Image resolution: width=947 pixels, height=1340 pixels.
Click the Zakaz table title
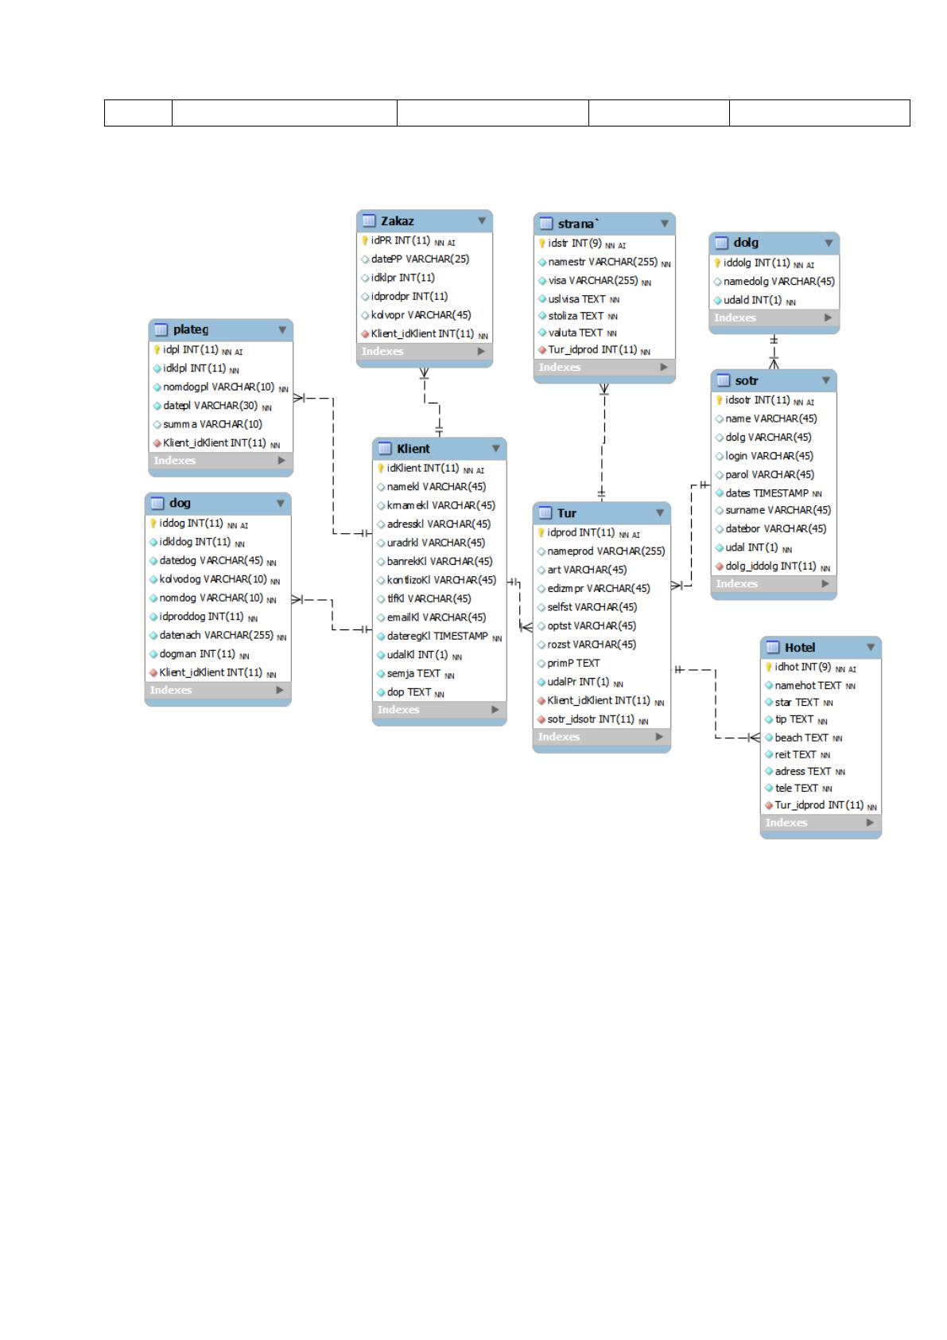coord(397,221)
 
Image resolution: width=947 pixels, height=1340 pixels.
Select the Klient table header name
coord(413,449)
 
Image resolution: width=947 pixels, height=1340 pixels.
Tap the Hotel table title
coord(800,647)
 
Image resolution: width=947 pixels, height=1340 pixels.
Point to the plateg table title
coord(191,329)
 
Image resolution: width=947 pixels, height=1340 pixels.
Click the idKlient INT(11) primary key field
coord(423,468)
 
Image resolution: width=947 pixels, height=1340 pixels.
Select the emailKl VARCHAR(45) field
coord(437,617)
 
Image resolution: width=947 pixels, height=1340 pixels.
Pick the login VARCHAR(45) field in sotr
coord(770,456)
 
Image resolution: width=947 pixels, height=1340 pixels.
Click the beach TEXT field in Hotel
coord(801,738)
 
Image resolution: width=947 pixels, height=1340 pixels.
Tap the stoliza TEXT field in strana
coord(576,316)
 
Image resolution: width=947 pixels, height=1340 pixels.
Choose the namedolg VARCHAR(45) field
coord(779,281)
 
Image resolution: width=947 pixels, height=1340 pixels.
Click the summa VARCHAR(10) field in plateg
coord(213,424)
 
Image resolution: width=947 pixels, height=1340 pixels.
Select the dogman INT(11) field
coord(197,654)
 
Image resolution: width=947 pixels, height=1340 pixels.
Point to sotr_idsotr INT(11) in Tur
coord(591,719)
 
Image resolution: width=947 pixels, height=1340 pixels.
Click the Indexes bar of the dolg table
coord(774,317)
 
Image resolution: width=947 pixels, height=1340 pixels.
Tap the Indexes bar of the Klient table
coord(440,710)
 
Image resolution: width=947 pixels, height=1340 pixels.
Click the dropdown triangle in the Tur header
coord(660,512)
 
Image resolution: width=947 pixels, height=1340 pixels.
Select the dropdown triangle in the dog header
coord(281,504)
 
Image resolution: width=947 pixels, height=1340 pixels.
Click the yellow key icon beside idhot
coord(769,667)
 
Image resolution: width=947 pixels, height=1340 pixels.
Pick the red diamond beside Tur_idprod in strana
coord(542,350)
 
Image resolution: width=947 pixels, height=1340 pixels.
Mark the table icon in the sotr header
coord(724,380)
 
